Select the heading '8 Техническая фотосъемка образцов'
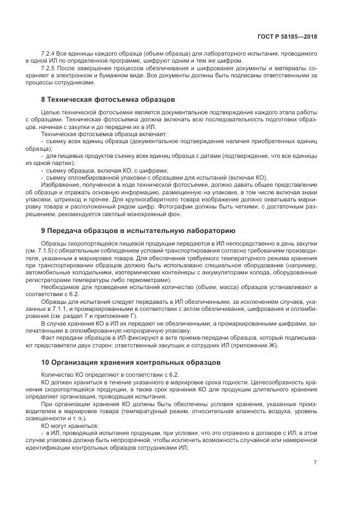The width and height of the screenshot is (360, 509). coord(108,100)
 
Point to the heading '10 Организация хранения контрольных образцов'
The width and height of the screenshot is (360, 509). coord(132,361)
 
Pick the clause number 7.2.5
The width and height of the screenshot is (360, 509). coord(49,69)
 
